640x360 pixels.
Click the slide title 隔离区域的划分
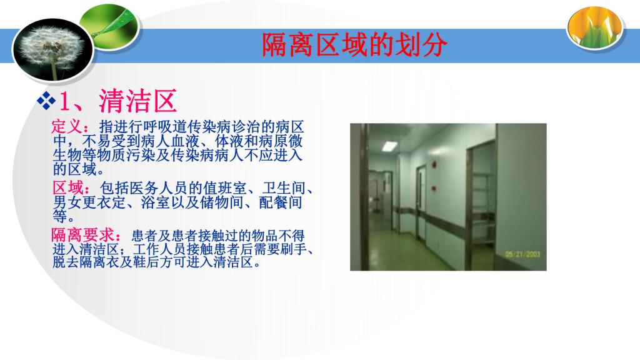(354, 44)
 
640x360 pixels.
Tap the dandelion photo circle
(53, 50)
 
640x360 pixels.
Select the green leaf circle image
(110, 27)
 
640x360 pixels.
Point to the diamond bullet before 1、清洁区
(46, 101)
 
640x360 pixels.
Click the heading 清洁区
(138, 101)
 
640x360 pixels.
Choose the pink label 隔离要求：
(86, 235)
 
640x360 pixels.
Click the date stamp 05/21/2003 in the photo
(522, 254)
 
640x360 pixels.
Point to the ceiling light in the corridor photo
(389, 146)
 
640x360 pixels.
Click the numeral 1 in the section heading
(64, 101)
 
